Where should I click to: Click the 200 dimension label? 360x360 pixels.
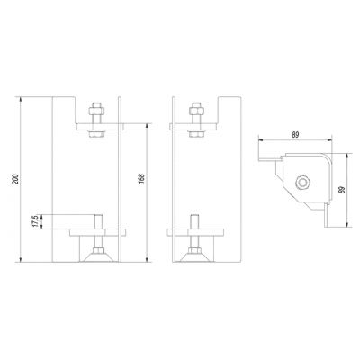coord(17,179)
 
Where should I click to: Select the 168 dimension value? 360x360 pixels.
coord(142,178)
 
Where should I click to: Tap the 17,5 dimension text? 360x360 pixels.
coord(36,221)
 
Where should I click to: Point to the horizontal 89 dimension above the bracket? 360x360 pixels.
coord(295,135)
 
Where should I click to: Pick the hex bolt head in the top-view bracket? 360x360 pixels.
coord(302,183)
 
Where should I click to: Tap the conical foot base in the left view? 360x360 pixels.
coord(98,257)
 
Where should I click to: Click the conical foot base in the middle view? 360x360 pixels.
coord(194,257)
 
